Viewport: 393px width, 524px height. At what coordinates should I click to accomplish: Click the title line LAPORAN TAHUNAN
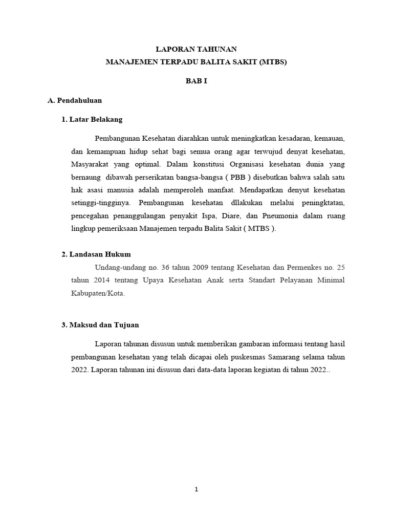[x=196, y=49]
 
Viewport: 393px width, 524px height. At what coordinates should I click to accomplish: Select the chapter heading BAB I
[x=196, y=81]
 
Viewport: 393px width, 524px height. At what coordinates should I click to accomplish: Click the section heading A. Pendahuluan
[x=75, y=100]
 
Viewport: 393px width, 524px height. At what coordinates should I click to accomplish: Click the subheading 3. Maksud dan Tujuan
[x=100, y=325]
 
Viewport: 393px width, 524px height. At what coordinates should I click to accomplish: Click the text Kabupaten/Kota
[x=98, y=294]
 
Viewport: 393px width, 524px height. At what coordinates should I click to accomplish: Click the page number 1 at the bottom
[x=196, y=489]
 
